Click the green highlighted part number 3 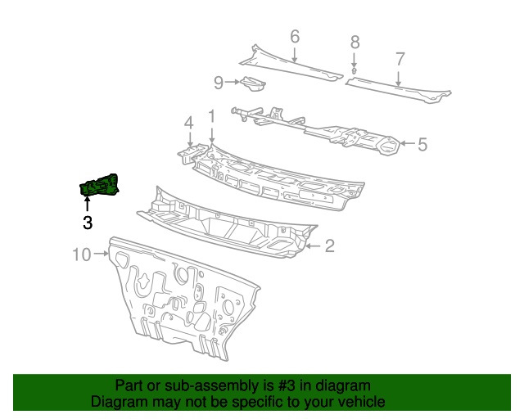click(99, 185)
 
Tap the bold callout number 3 click(88, 223)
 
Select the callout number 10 click(82, 255)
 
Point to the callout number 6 click(295, 37)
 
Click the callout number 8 click(355, 42)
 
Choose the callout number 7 click(400, 59)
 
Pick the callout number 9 click(219, 83)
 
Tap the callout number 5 click(422, 144)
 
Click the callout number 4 click(189, 123)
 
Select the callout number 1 click(212, 116)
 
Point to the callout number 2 click(329, 246)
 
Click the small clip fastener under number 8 click(355, 71)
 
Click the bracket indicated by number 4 click(191, 153)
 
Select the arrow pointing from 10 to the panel click(102, 254)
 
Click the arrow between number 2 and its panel click(313, 246)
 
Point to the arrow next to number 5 click(408, 144)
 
